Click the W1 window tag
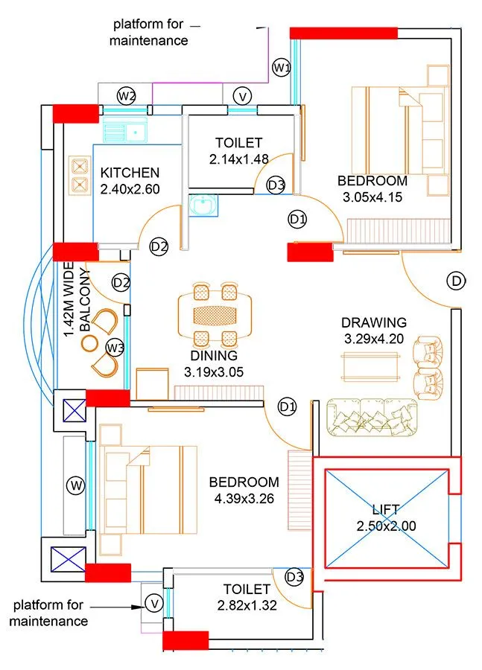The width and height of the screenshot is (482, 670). click(281, 68)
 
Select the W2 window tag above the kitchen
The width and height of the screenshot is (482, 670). click(126, 95)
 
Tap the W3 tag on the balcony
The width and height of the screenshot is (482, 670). click(114, 347)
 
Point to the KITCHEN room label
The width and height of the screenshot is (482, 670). click(130, 173)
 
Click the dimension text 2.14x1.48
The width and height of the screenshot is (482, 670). click(238, 158)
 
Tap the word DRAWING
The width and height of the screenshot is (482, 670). click(374, 322)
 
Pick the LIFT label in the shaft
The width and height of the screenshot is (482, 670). click(386, 510)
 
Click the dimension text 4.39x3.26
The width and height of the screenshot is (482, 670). click(244, 498)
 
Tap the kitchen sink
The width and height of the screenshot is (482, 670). click(124, 133)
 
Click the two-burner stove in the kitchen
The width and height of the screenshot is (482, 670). click(79, 174)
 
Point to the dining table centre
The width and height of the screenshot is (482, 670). click(214, 313)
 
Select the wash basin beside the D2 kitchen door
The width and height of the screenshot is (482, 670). click(200, 205)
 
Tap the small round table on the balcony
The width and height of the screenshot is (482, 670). click(89, 342)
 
